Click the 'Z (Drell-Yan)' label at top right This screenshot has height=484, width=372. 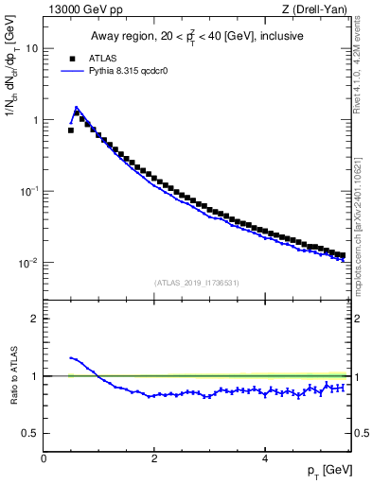tap(320, 9)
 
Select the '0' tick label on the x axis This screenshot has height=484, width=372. tap(44, 458)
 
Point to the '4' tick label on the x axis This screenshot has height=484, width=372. tap(264, 458)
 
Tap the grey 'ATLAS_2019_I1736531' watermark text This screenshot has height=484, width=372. tap(197, 282)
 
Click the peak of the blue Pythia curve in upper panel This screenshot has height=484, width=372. tap(76, 107)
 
